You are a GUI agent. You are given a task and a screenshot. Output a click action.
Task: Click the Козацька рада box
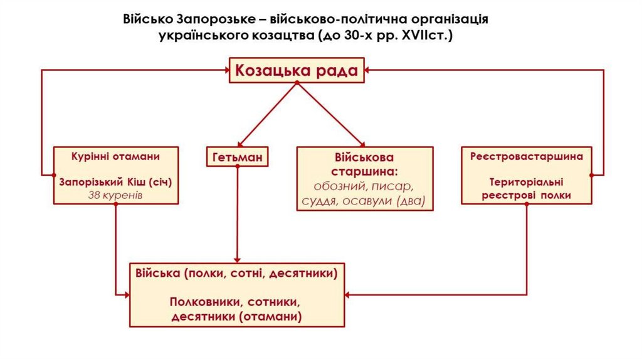(x=297, y=70)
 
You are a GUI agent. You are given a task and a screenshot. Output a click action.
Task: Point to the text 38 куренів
(x=115, y=195)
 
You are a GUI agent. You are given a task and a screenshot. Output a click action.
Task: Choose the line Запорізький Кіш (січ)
(x=115, y=182)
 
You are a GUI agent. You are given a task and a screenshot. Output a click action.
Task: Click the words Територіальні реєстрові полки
(x=527, y=189)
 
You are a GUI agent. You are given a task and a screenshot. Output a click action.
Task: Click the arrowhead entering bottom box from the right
(x=349, y=294)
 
